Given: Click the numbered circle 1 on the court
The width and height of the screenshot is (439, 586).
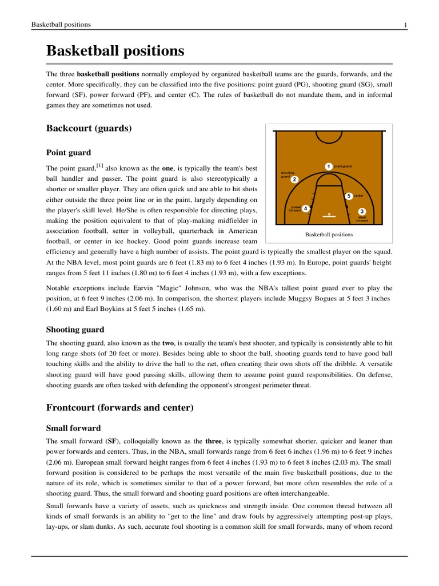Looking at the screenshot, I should coord(329,166).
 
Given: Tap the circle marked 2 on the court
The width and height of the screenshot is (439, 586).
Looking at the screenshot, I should coord(294,180).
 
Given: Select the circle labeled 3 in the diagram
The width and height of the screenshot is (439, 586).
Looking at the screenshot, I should coord(362,212).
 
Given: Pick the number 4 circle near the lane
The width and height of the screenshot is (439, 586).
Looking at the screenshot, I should coord(306,208).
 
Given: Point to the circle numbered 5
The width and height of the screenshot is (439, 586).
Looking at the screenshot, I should coord(349,196).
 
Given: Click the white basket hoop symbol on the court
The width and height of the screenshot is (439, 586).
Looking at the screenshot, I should coord(328,215).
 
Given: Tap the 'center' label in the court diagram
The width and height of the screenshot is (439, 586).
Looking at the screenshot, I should coord(358,196).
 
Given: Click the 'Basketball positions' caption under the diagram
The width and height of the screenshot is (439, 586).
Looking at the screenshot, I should coord(329,235).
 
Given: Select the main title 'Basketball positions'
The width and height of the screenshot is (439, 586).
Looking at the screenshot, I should coord(115,51).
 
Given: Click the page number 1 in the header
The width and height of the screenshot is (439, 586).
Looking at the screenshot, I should coord(405,25).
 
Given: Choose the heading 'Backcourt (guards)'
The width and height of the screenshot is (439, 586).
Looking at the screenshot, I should coord(89,128).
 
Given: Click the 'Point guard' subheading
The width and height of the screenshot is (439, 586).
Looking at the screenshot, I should coord(68,152).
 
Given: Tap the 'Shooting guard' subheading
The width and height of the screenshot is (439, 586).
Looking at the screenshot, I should coord(75,329).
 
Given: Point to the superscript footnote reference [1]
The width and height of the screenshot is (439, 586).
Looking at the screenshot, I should coord(99,166).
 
